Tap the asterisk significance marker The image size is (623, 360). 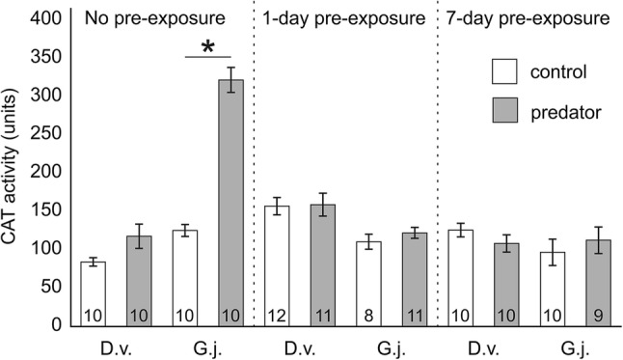point(207,46)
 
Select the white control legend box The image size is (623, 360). point(499,72)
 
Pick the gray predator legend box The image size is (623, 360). point(499,112)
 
